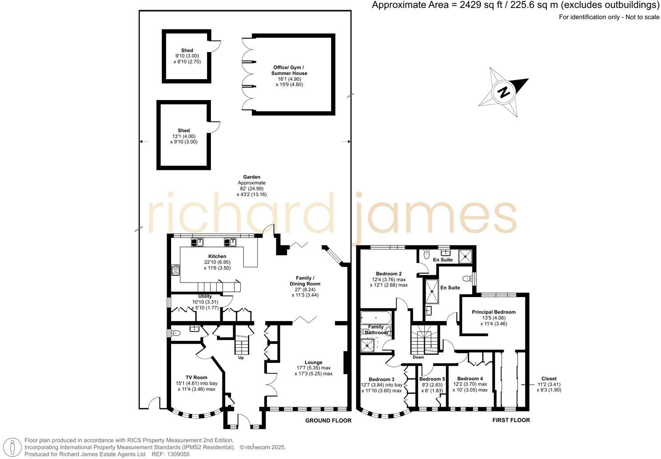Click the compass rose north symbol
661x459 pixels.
tap(504, 92)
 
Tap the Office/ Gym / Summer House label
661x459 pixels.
tap(290, 70)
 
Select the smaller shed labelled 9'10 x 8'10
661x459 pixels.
tap(187, 56)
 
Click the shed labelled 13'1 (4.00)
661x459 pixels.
tap(183, 136)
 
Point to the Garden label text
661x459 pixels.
tap(251, 177)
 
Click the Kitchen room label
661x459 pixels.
tap(217, 256)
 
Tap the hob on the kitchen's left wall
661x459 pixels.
tap(175, 270)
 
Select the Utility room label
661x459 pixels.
tap(205, 296)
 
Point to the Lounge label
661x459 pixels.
tap(313, 362)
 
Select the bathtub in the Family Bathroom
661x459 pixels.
tap(376, 318)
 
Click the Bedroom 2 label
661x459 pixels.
tap(389, 274)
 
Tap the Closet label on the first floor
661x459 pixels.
tap(549, 379)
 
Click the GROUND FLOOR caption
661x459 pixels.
tap(328, 420)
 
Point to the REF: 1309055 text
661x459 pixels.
tap(171, 455)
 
